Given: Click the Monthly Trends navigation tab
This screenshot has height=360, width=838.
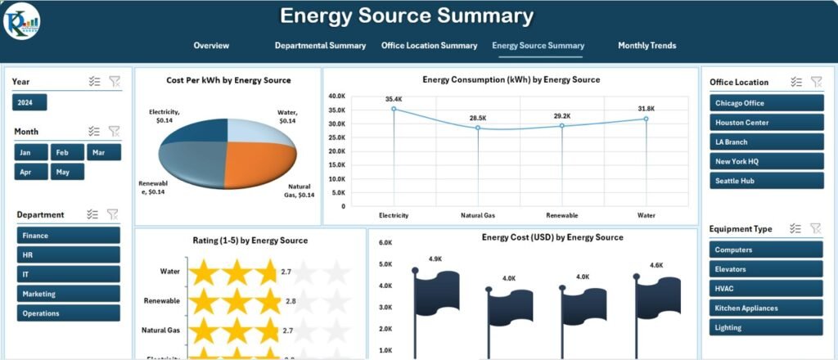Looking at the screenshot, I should [x=647, y=46].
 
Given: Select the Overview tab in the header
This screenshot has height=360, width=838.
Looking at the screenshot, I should [x=211, y=46].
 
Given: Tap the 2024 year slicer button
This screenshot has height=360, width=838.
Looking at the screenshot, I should [x=29, y=102].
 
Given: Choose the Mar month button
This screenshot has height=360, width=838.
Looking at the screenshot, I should [x=103, y=152].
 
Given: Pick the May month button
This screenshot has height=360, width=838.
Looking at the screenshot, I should [x=67, y=172].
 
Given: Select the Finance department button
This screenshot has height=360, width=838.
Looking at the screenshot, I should [x=68, y=236].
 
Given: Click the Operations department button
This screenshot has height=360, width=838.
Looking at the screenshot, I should [x=68, y=313].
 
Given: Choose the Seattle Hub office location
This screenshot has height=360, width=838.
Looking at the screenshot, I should [x=767, y=181].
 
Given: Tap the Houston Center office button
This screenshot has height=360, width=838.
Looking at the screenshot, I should [x=767, y=123].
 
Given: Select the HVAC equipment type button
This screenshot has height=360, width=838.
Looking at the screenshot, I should [x=765, y=289].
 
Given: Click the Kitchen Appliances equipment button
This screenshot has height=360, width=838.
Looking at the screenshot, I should [x=765, y=308].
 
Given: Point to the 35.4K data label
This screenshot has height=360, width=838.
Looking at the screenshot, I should [x=394, y=99].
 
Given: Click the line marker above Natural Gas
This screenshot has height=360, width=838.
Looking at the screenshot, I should [x=478, y=128].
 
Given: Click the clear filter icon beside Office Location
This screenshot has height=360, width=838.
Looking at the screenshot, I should [x=816, y=82].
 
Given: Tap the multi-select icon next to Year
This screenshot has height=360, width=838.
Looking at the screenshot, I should [x=94, y=81].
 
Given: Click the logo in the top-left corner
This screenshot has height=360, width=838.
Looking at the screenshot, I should [x=20, y=23].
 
